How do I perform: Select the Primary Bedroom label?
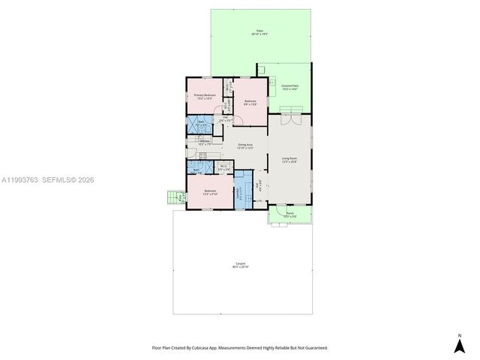205,96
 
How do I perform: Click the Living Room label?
290,159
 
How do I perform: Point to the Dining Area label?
245,145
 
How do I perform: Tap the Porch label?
290,214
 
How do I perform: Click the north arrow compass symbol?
460,343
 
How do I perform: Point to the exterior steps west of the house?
175,198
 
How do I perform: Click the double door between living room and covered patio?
290,116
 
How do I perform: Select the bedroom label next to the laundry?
211,192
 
